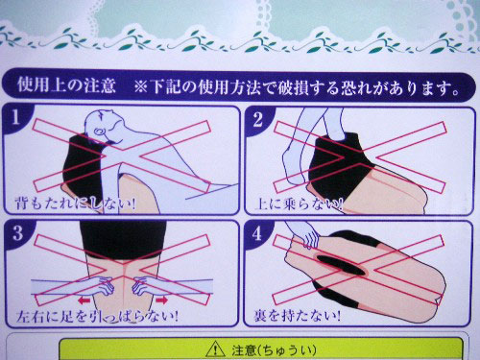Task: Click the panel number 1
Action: [x=15, y=117]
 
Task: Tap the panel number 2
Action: [x=258, y=120]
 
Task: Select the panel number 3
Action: [x=17, y=233]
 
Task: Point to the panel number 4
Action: [x=257, y=234]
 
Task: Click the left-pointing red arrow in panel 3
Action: [x=84, y=300]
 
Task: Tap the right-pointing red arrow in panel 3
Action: [x=161, y=300]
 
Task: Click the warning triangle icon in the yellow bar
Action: [x=215, y=349]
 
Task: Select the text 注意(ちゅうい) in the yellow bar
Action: [x=274, y=350]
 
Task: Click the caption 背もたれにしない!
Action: [x=75, y=204]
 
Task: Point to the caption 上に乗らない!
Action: [x=299, y=204]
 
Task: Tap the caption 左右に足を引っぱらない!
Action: [x=97, y=317]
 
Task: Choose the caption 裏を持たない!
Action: [x=297, y=316]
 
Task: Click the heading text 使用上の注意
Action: [x=66, y=84]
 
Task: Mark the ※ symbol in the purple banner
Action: [x=140, y=86]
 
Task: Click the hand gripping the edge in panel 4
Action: [x=308, y=238]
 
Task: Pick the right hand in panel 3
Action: [x=142, y=287]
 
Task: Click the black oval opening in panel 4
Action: [x=340, y=265]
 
